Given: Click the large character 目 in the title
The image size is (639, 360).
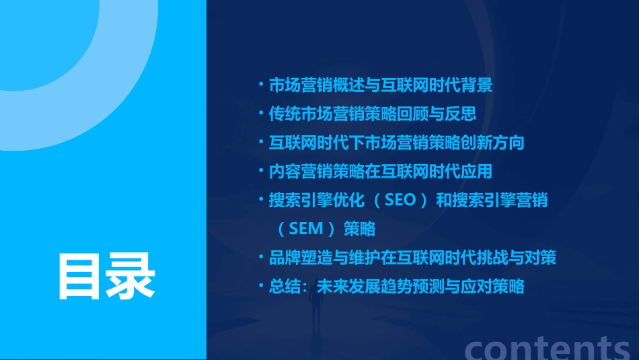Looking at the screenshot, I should [x=81, y=276].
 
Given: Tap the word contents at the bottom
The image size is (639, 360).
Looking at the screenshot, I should [x=548, y=347].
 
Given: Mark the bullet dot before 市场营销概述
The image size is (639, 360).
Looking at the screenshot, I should [x=261, y=85].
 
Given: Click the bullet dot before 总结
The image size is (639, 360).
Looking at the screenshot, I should [x=261, y=287].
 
